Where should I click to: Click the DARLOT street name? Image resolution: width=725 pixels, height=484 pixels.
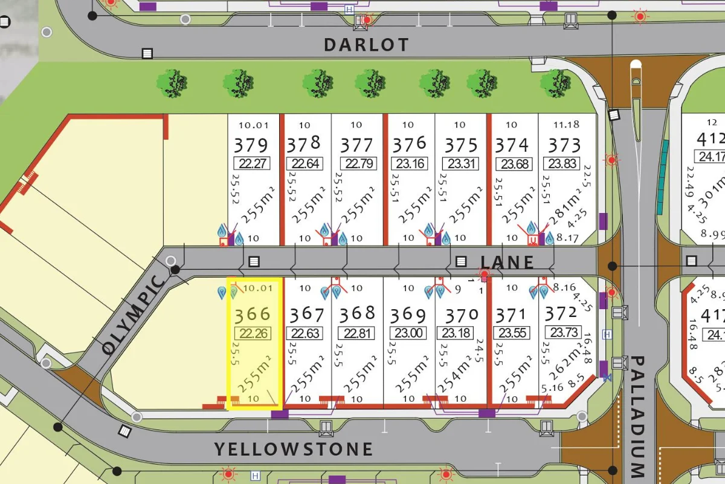point(366,45)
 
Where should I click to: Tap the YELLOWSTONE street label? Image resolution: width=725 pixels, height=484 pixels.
point(294,449)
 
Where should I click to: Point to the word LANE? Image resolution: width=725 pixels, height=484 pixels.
point(507,262)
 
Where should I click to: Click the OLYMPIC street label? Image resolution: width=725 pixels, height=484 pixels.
point(133,315)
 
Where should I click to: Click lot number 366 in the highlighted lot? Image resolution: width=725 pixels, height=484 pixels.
point(253,315)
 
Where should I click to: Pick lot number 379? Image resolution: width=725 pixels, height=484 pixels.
point(250,145)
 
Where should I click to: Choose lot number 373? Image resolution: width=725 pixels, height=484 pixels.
point(564,145)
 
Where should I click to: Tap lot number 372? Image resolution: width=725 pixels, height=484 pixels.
point(561,313)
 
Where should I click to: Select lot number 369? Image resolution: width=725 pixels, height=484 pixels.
point(408,315)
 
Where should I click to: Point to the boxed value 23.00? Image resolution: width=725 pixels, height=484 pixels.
point(408,333)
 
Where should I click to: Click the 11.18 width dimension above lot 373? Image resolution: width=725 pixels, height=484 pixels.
point(566,125)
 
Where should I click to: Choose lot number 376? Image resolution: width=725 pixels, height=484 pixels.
point(409,145)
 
